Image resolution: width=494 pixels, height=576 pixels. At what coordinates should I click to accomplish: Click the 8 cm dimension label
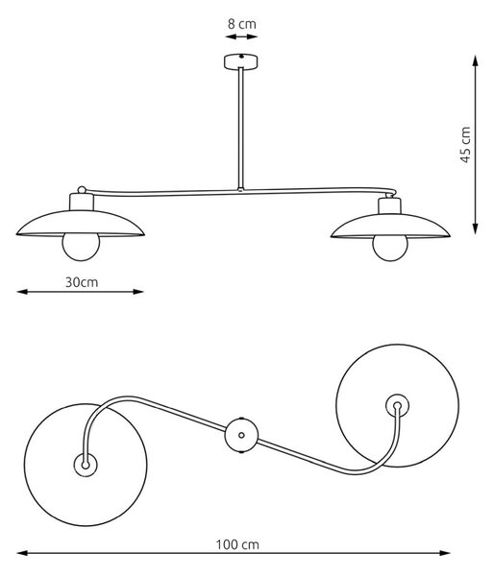click(241, 24)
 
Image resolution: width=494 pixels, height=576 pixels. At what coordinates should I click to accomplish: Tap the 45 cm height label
click(466, 144)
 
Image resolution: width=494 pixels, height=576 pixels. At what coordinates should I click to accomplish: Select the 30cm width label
click(82, 282)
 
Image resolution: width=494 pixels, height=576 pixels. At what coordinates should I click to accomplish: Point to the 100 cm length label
click(237, 544)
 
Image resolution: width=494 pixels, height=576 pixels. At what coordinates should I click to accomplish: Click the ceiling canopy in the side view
click(240, 61)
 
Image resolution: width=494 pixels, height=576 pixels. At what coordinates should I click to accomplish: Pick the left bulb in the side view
click(81, 247)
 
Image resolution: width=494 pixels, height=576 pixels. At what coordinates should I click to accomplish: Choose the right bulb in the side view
click(390, 249)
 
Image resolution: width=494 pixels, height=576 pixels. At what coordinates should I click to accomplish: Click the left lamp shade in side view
click(80, 223)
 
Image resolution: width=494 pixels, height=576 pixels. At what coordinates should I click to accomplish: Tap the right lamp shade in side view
click(390, 226)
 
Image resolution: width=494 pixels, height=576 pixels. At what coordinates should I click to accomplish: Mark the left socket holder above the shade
click(82, 202)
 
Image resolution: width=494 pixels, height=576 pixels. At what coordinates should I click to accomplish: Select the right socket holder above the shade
click(390, 206)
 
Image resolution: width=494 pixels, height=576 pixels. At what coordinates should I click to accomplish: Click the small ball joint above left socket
click(82, 190)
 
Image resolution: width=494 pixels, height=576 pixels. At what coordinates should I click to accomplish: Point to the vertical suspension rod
click(240, 129)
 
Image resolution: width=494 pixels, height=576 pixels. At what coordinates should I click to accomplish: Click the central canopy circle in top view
click(241, 435)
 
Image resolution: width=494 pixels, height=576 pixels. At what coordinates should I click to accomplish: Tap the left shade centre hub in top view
click(86, 465)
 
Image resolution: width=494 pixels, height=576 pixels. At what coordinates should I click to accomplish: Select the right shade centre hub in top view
click(397, 406)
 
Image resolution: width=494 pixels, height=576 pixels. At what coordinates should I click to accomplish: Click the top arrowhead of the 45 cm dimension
click(476, 60)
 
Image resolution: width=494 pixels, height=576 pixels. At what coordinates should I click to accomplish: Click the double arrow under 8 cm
click(241, 36)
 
